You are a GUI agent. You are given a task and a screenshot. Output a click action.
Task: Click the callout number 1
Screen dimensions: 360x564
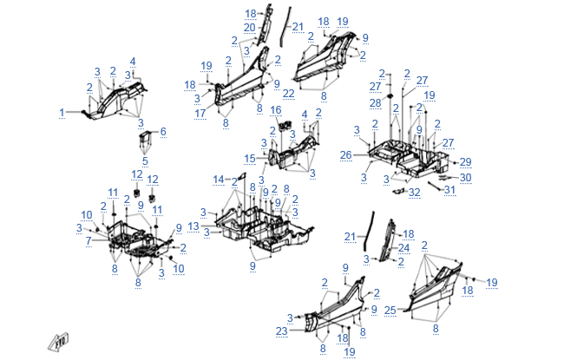(x=62, y=113)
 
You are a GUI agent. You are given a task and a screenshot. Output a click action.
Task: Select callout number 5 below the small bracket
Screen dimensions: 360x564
(x=145, y=160)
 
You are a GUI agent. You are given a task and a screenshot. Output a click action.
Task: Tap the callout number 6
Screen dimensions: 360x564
(x=162, y=131)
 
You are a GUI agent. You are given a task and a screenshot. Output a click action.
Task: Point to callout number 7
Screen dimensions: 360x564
(x=88, y=239)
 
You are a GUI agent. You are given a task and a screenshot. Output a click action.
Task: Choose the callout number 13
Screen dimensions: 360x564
(x=193, y=226)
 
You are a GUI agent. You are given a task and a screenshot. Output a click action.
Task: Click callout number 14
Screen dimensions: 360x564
(x=220, y=179)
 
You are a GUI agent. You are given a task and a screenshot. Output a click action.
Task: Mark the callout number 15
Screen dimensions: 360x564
(x=250, y=158)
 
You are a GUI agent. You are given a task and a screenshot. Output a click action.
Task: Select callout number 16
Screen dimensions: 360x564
(x=276, y=110)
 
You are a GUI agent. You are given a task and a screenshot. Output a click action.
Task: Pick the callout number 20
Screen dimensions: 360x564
(x=249, y=28)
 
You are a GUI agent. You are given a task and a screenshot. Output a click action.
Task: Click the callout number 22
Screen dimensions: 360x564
(x=289, y=93)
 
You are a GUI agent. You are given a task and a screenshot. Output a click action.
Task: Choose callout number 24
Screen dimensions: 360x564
(x=403, y=247)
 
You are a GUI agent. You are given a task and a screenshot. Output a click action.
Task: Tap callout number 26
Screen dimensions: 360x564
(x=344, y=155)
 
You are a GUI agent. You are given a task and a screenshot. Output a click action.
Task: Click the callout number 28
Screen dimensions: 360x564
(x=376, y=102)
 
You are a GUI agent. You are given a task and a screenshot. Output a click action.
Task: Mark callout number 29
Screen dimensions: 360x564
(x=465, y=162)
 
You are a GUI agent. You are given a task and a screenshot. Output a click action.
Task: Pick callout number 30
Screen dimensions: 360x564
(x=465, y=177)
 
